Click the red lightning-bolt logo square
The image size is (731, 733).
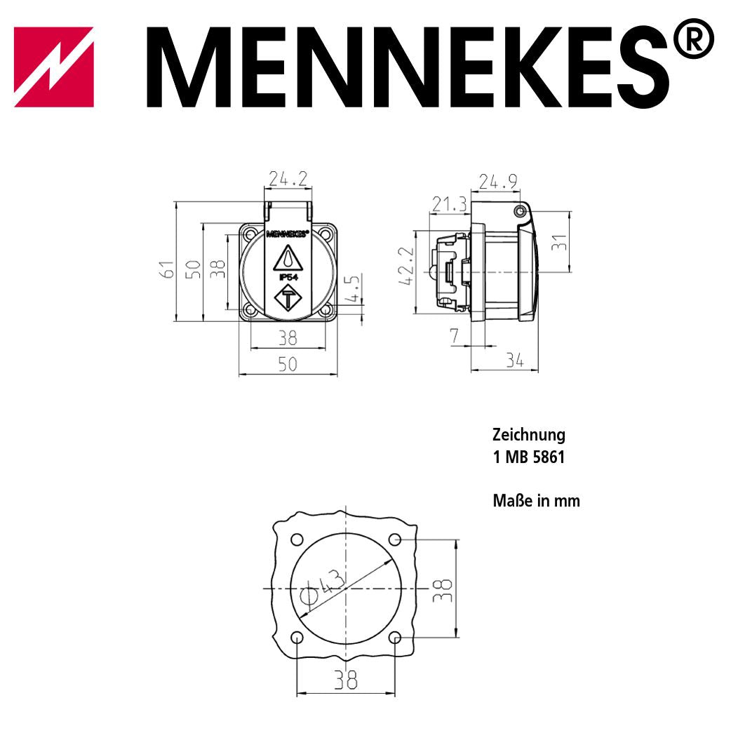coord(54,67)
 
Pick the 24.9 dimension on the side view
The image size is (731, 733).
coord(498,182)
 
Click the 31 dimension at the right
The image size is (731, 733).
coord(559,243)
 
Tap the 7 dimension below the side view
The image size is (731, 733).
coord(454,336)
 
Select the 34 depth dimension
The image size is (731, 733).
coord(515,361)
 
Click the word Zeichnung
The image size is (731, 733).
coord(528,435)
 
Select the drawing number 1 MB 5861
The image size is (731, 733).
coord(528,457)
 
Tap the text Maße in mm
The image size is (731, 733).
coord(536,501)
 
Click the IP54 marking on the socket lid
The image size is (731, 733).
coord(288,278)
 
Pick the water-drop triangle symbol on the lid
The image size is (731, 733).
coord(288,258)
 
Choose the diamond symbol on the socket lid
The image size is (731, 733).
coord(288,300)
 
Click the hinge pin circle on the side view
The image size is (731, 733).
coord(519,211)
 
